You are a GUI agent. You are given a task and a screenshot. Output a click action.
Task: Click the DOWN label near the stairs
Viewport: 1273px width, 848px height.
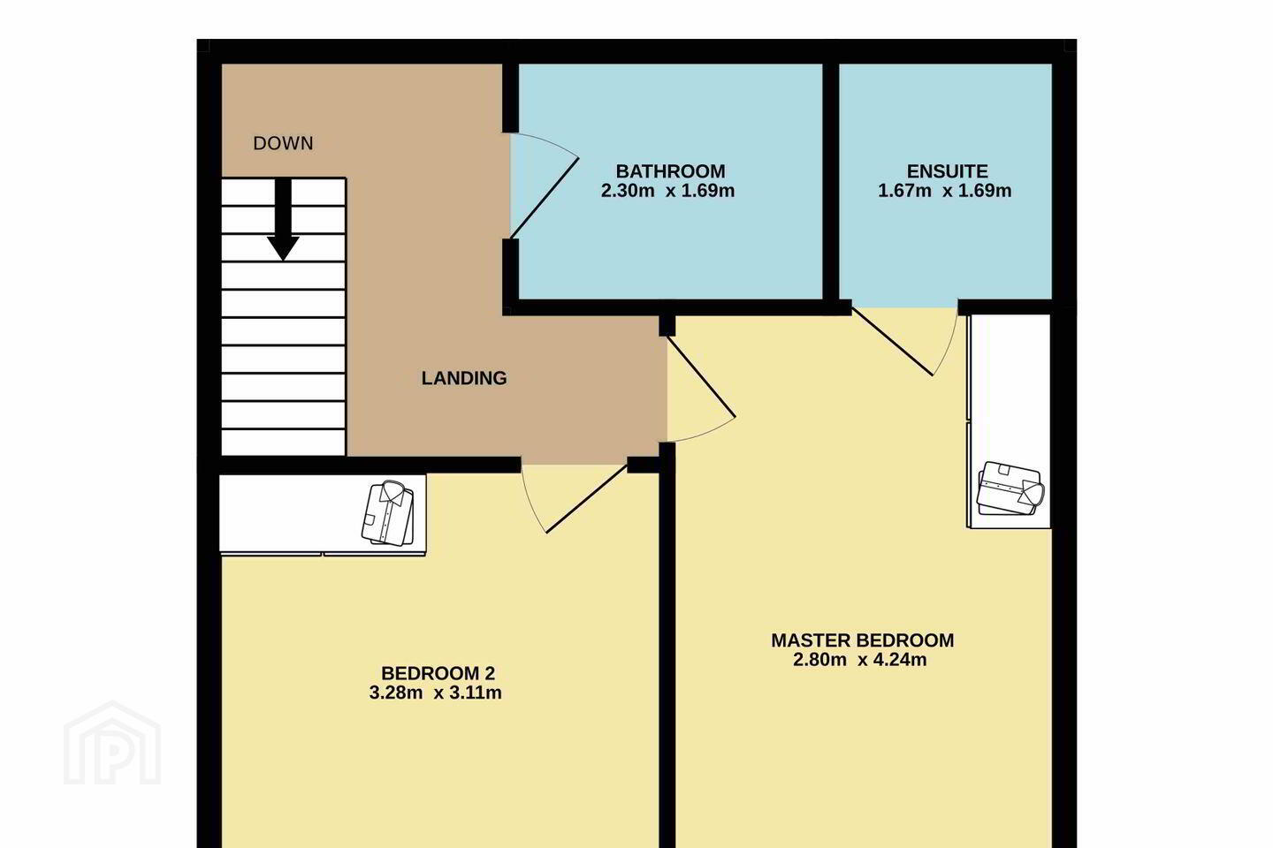click(x=283, y=143)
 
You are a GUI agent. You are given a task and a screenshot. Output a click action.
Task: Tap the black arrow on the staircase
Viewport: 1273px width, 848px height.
click(x=283, y=219)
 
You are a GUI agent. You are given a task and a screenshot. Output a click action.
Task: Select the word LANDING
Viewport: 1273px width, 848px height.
click(x=464, y=378)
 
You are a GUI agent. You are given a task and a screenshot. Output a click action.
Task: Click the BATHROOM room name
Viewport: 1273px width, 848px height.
click(x=671, y=171)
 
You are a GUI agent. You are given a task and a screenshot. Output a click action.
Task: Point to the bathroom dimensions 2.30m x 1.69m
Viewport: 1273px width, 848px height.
click(x=667, y=190)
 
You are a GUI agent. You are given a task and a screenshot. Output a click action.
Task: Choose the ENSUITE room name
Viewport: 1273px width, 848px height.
click(x=947, y=171)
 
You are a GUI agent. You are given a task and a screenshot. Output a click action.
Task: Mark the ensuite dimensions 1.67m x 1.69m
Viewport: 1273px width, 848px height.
click(x=944, y=190)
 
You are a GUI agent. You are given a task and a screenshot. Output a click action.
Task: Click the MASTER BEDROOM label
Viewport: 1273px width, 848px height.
click(x=862, y=640)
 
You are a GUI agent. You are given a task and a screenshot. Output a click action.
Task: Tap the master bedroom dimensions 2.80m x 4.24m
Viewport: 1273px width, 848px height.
click(x=860, y=660)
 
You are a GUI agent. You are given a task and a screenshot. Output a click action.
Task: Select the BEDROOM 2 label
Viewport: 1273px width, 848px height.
click(x=438, y=673)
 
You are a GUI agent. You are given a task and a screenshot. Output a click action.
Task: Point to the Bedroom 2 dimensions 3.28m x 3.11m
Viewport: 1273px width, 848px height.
click(x=435, y=693)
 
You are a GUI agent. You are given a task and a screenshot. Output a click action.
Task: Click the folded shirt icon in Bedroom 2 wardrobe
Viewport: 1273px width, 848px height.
click(x=387, y=513)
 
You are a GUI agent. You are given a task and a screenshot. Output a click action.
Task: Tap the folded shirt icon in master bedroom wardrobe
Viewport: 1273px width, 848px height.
click(x=1010, y=488)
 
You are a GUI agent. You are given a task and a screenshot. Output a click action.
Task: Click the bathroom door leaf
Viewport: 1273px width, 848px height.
click(x=545, y=198)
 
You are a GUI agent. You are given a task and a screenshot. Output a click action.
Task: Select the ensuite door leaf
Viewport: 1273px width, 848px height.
click(x=892, y=341)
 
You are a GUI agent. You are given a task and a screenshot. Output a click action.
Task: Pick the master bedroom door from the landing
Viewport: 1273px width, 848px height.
click(x=701, y=376)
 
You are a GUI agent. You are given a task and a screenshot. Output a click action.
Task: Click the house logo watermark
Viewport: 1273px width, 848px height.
click(x=112, y=743)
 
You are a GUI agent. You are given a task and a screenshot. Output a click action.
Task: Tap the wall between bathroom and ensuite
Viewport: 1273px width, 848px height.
click(x=831, y=182)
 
